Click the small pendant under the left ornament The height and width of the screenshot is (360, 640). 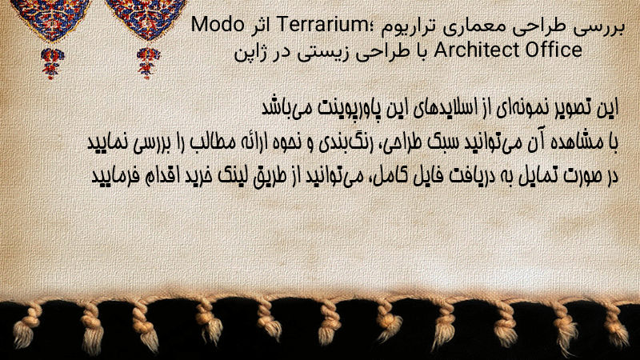click(x=52, y=63)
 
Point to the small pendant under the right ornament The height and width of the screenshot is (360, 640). click(x=147, y=63)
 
